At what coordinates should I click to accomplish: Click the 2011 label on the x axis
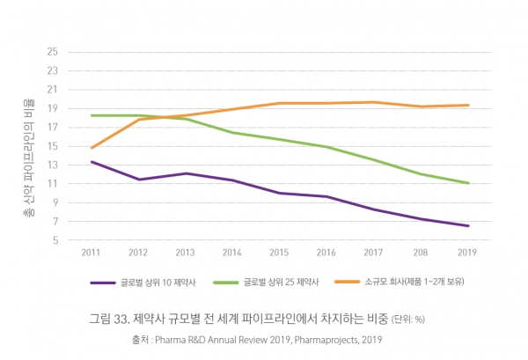click(x=91, y=253)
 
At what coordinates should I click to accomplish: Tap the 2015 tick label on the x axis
click(x=279, y=253)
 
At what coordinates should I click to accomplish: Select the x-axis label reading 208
click(x=420, y=253)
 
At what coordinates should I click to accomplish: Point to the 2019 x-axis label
click(x=467, y=253)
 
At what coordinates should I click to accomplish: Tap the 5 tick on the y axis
click(x=54, y=239)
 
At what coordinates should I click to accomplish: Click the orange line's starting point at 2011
click(x=91, y=148)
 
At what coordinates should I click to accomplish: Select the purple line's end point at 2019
click(x=467, y=226)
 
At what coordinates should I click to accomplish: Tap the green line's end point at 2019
click(x=467, y=183)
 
